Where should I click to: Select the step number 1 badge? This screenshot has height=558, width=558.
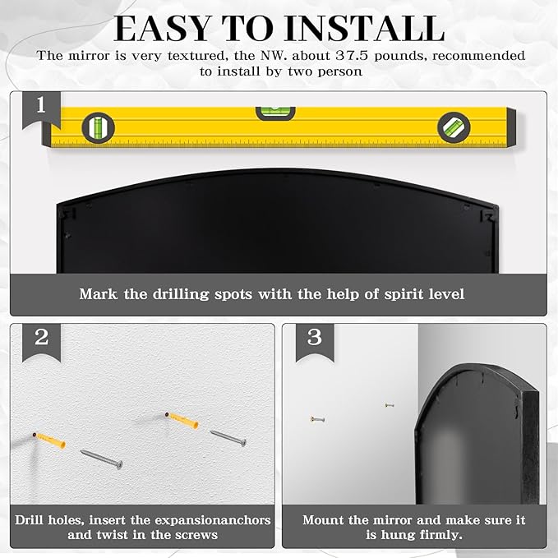(x=41, y=109)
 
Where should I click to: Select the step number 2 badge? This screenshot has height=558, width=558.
(x=41, y=341)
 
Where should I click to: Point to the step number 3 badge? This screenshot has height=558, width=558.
(x=315, y=341)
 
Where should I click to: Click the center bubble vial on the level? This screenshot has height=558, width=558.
(x=275, y=113)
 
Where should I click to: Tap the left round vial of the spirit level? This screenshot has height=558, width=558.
(x=99, y=127)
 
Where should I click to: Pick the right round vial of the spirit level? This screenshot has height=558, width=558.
(x=454, y=127)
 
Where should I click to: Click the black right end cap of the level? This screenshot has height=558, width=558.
(x=511, y=127)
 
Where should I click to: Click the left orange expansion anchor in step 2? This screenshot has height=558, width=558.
(x=49, y=440)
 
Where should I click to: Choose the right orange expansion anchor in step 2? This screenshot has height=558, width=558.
(x=182, y=420)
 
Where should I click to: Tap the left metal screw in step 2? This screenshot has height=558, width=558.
(x=101, y=459)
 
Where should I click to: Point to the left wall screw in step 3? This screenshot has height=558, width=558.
(x=317, y=419)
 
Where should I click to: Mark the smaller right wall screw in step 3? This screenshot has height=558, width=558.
(x=390, y=405)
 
